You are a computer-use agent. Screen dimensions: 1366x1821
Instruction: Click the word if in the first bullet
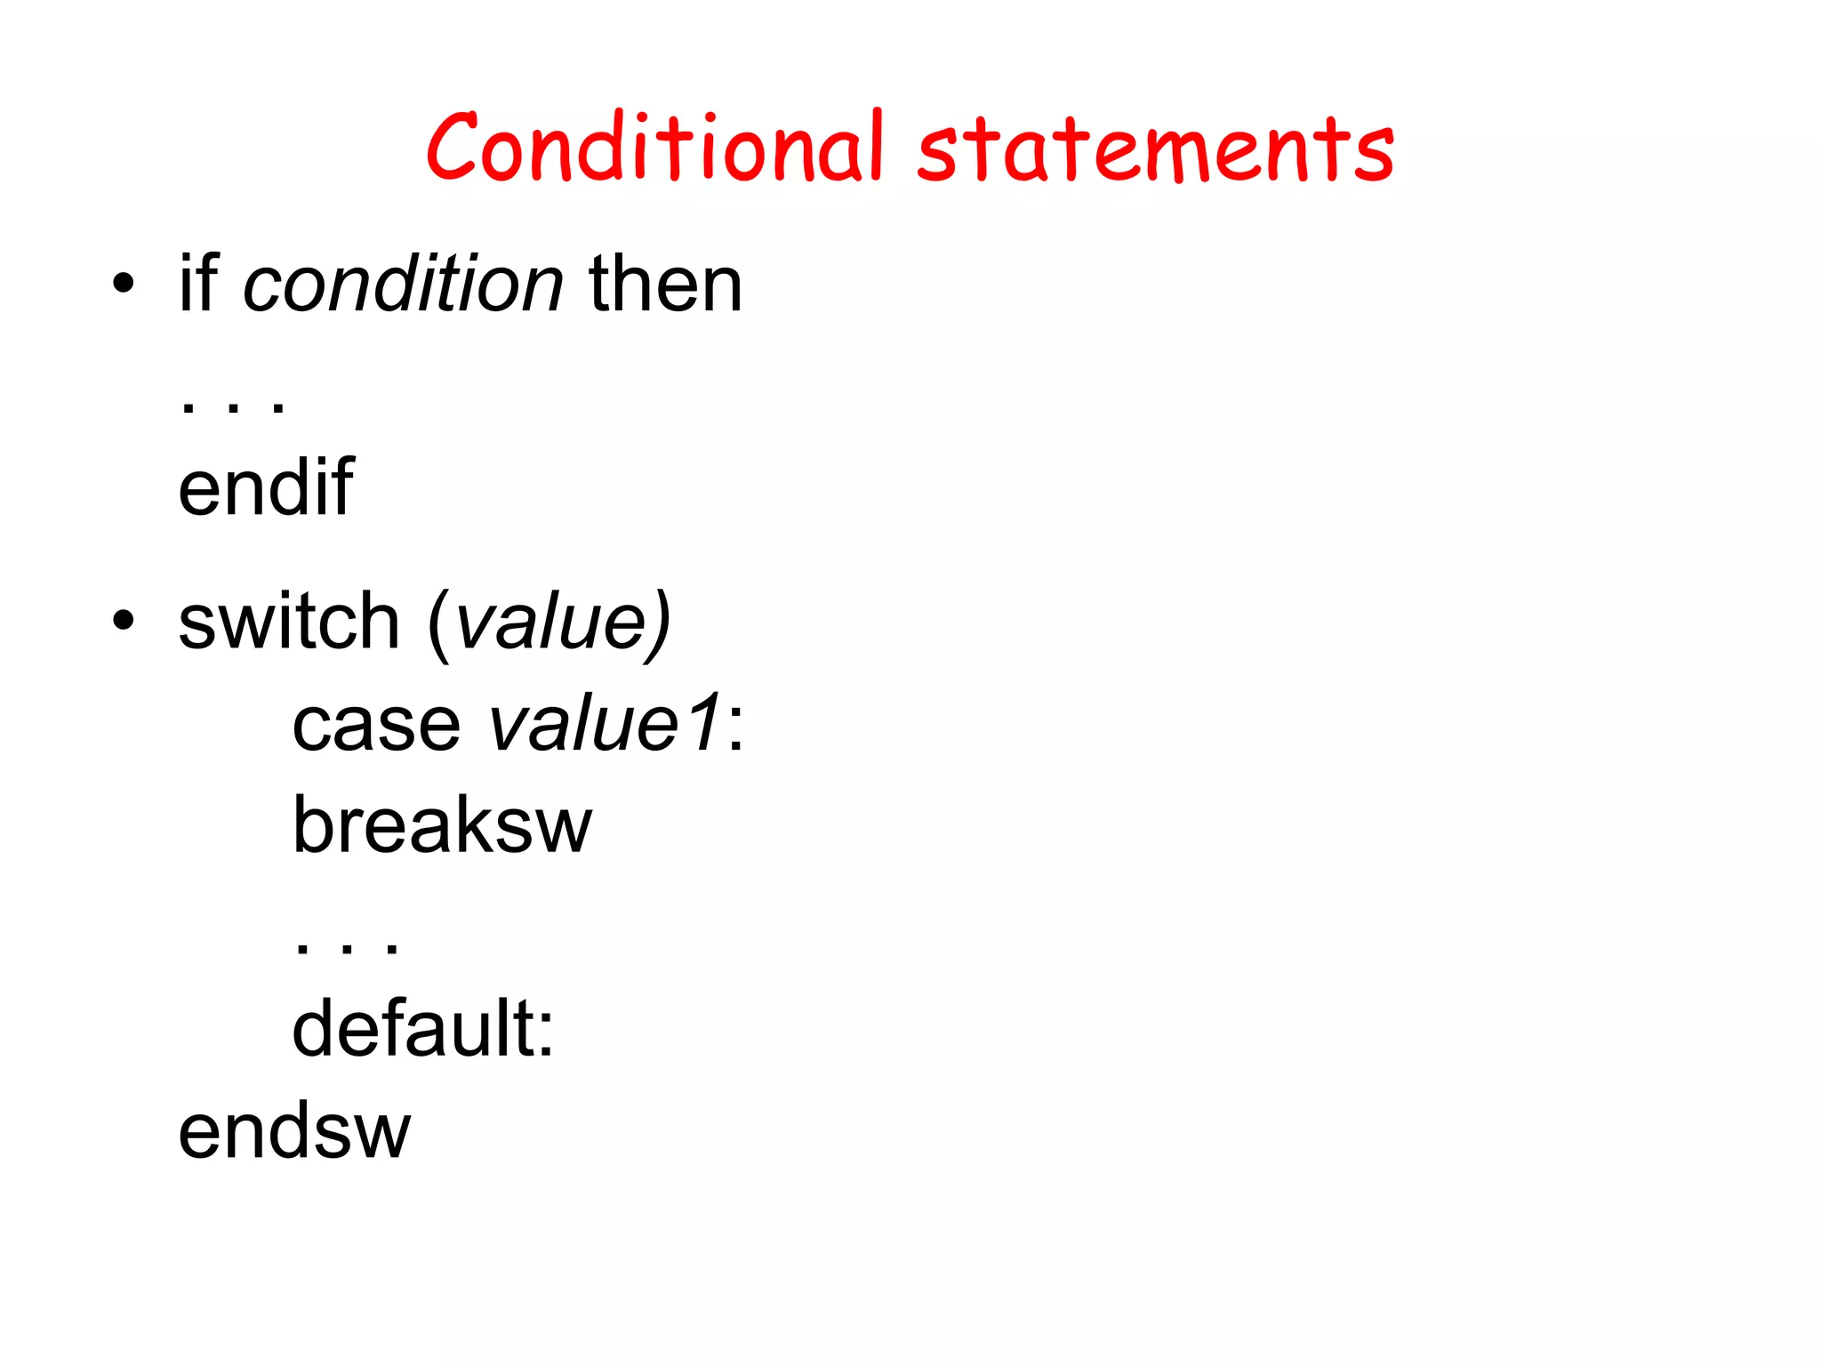coord(198,284)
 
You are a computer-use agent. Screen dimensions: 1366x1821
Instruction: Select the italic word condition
coord(403,284)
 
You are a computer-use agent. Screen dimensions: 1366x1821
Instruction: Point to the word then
coord(665,284)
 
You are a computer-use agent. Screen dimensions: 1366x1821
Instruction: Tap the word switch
coord(289,622)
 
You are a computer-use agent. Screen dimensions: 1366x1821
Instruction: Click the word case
coord(376,724)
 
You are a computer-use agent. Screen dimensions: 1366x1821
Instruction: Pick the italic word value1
coord(605,724)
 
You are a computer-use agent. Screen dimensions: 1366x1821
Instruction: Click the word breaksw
coord(442,825)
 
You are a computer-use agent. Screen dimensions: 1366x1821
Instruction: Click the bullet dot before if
coord(124,285)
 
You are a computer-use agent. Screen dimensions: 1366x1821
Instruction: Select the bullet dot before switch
coord(124,622)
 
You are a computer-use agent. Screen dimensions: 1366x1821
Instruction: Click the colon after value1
coord(735,727)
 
